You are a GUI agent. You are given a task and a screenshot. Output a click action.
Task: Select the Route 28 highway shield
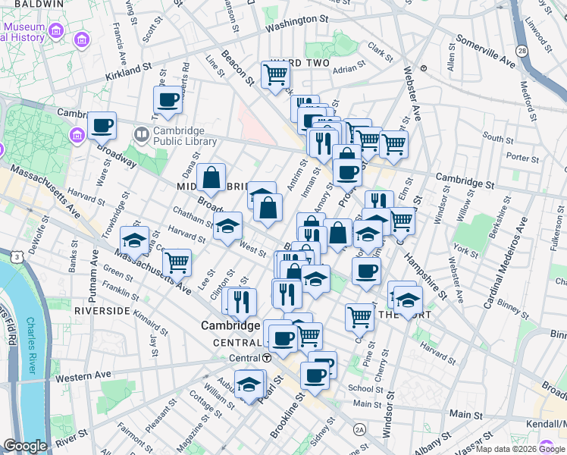[x=522, y=50]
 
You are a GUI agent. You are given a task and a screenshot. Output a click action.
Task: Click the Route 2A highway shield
[x=359, y=430]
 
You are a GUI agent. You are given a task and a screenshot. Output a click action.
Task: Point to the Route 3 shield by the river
[x=15, y=258]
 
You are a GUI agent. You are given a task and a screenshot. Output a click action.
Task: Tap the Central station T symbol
[x=267, y=358]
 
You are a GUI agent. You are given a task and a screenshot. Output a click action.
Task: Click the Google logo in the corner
[x=25, y=446]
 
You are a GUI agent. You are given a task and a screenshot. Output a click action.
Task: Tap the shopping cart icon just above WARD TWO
[x=275, y=74]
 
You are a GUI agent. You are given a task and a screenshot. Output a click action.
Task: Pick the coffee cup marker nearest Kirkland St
[x=168, y=99]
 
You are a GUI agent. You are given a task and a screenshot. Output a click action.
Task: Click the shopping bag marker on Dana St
[x=211, y=178]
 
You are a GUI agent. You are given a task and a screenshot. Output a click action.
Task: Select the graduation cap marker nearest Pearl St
[x=249, y=384]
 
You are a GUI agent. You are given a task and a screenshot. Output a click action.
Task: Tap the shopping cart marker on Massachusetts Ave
[x=177, y=262]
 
